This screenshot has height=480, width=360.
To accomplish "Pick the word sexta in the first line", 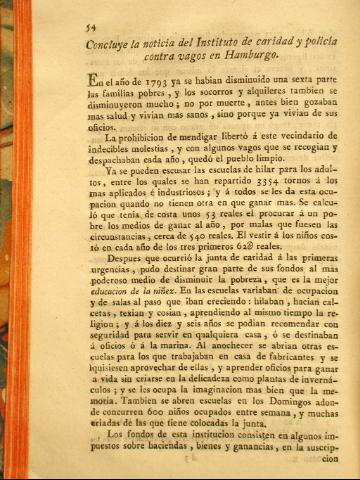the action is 299,80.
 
